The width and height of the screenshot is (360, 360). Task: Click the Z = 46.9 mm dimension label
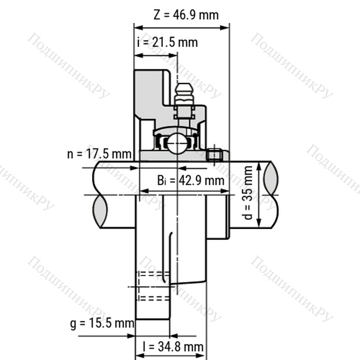click(x=186, y=15)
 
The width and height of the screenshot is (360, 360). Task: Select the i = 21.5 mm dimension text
click(x=167, y=42)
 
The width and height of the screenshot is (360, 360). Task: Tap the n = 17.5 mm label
click(x=99, y=154)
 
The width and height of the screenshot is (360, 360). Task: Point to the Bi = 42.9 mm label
click(x=191, y=180)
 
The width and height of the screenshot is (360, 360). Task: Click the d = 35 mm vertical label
click(x=248, y=193)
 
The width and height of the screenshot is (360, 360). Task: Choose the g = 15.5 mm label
click(x=102, y=324)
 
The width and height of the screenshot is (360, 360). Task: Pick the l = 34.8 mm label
click(x=173, y=346)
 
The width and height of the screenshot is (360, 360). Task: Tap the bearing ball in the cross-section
click(x=176, y=144)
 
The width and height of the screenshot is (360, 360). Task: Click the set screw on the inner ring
click(x=214, y=155)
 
